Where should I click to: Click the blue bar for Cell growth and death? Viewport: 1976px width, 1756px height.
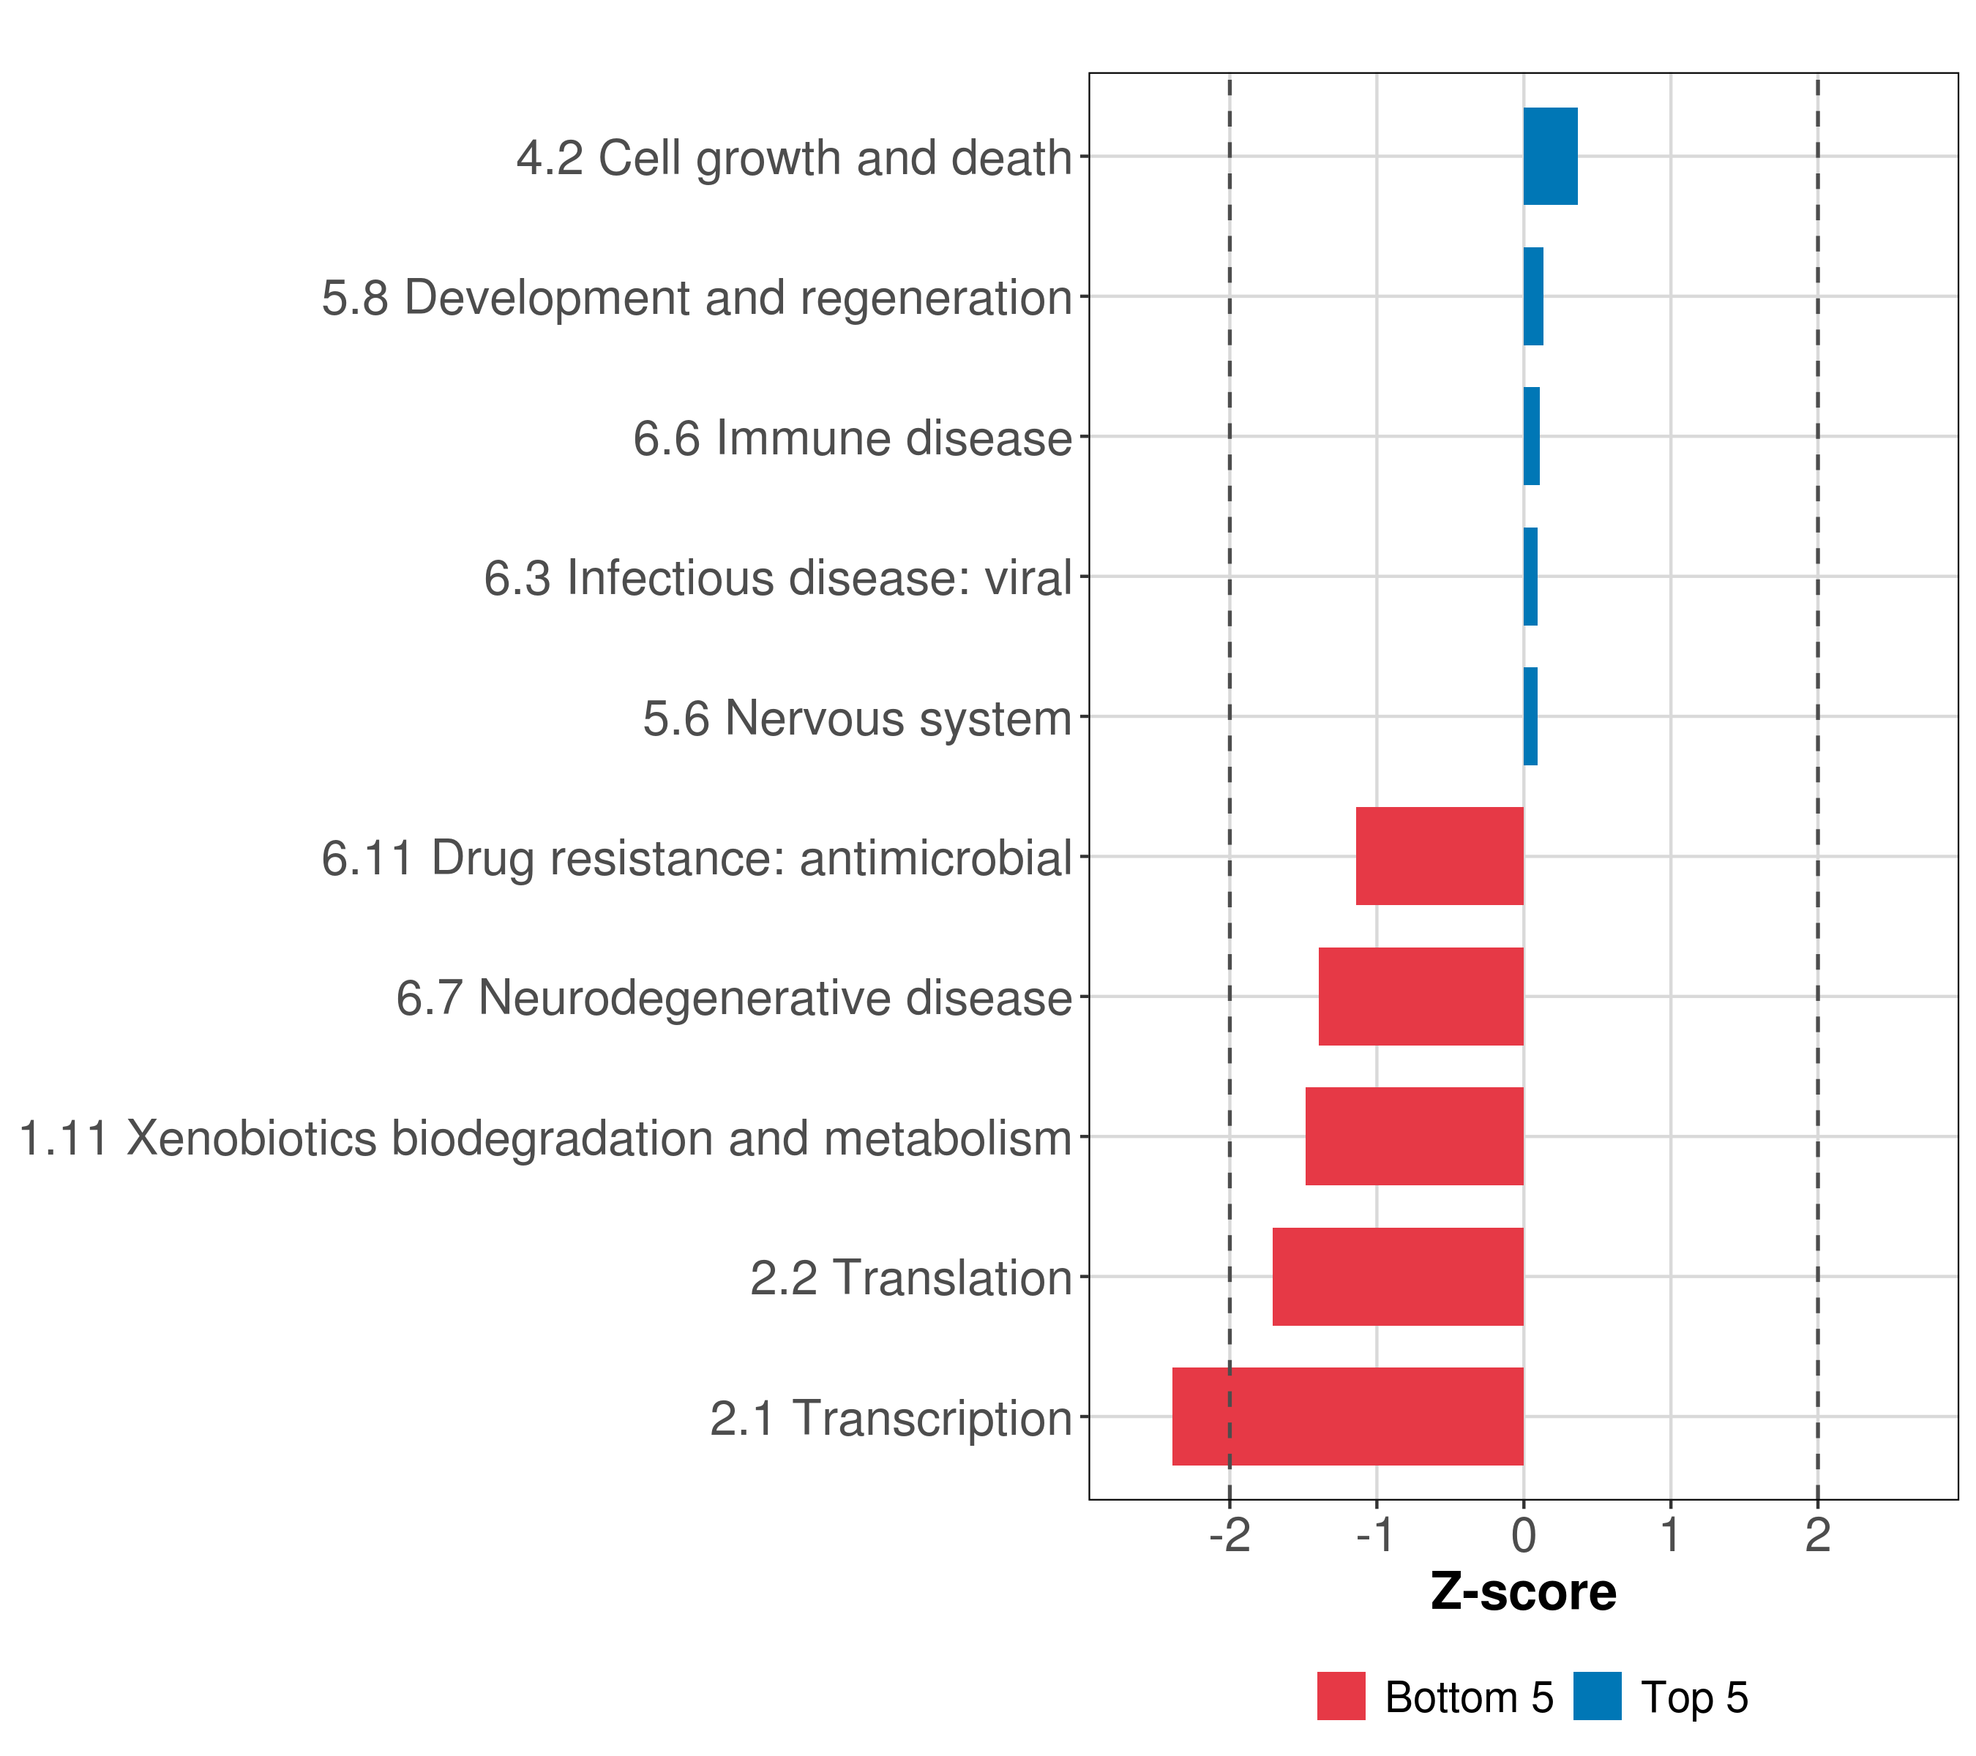click(x=1549, y=157)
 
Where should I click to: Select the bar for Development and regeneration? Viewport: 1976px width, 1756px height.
click(x=1533, y=297)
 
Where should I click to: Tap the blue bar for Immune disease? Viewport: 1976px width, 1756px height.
click(x=1531, y=437)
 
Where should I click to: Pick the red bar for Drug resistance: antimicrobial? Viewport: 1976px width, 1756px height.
click(x=1440, y=856)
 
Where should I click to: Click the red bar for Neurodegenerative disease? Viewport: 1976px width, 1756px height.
click(x=1421, y=997)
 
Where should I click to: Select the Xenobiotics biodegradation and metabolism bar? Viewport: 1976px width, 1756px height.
click(x=1415, y=1136)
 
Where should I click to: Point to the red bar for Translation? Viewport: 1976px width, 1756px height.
click(x=1398, y=1277)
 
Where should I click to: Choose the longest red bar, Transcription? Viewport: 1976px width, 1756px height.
click(x=1347, y=1417)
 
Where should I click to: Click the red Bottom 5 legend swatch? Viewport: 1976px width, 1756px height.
click(x=1341, y=1696)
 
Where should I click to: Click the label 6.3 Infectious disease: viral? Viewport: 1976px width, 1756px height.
click(x=778, y=579)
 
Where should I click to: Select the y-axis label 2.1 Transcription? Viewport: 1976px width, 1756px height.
click(x=891, y=1419)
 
